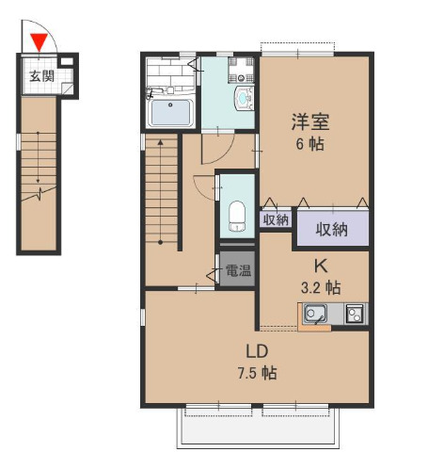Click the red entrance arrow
pos(39,42)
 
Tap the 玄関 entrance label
pos(41,76)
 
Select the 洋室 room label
pos(310,121)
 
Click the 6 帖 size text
pos(310,144)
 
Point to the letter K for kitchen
pos(322,266)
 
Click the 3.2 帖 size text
pos(321,287)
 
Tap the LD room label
pos(257,351)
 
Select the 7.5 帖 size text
pos(257,374)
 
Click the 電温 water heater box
pos(237,269)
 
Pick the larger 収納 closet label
pos(331,230)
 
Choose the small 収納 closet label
pos(276,219)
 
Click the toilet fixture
pos(237,216)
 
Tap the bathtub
pos(170,112)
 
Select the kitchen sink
pos(315,314)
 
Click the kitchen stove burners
pos(356,314)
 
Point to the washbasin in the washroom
pos(244,98)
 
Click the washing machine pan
pos(241,70)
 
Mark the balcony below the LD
pos(258,428)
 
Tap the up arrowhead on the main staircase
pos(161,142)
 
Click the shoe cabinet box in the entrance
pos(66,61)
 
